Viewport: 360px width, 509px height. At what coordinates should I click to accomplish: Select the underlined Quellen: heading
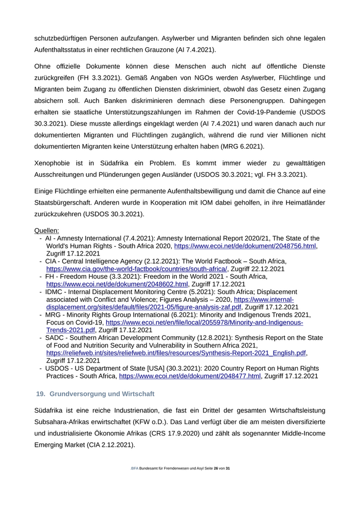(x=46, y=230)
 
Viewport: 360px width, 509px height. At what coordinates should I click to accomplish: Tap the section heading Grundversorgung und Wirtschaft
(x=102, y=394)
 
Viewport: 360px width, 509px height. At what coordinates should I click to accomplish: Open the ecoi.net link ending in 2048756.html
(x=245, y=246)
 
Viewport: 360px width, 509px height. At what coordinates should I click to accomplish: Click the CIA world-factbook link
(x=137, y=269)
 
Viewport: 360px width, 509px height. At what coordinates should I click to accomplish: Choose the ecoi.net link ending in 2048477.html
(x=190, y=376)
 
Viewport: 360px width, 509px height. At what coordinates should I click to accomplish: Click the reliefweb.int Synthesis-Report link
(x=176, y=353)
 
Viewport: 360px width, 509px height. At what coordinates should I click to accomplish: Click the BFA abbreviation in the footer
(x=135, y=469)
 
